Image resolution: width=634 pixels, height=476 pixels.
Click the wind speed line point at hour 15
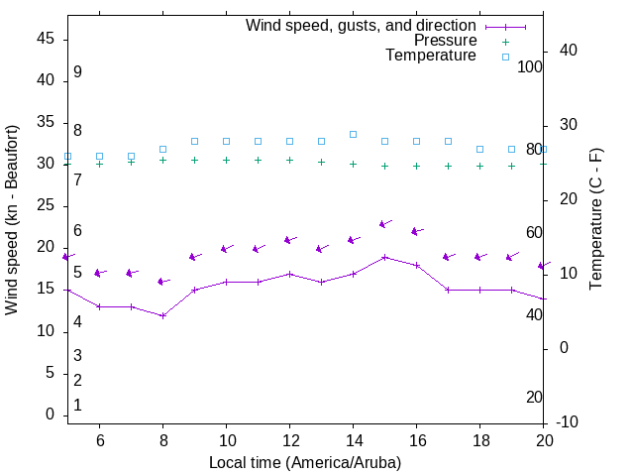click(x=384, y=257)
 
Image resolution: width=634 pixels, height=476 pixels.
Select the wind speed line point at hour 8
click(x=162, y=315)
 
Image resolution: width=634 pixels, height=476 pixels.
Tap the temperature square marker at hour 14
click(x=353, y=134)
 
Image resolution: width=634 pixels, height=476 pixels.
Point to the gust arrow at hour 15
click(x=385, y=224)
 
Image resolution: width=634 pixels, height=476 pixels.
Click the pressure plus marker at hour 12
click(x=289, y=160)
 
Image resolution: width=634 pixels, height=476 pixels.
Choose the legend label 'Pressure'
click(x=445, y=41)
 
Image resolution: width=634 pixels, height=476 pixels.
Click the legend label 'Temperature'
click(x=431, y=56)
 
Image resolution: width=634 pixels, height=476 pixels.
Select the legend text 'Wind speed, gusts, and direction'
click(x=362, y=26)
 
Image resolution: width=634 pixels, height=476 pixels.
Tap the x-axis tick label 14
click(x=353, y=440)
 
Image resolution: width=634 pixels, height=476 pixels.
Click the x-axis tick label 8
click(x=162, y=440)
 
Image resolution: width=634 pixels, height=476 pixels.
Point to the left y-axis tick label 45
click(x=46, y=39)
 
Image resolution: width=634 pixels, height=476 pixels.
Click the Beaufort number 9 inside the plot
click(x=77, y=72)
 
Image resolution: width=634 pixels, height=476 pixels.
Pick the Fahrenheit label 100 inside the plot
click(x=530, y=66)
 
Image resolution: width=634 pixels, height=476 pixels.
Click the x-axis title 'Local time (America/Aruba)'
click(x=305, y=462)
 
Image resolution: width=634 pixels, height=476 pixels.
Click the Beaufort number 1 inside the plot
click(x=77, y=406)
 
